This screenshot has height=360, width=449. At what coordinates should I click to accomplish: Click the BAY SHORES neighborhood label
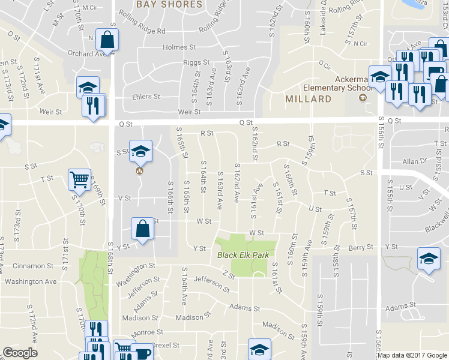tap(169, 4)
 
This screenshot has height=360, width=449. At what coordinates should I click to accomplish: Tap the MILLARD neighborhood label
tap(309, 98)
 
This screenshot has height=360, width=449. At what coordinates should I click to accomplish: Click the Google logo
tap(20, 353)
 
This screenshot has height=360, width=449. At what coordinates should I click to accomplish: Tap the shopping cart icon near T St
tap(80, 179)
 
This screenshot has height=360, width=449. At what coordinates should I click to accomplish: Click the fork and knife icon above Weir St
tap(94, 106)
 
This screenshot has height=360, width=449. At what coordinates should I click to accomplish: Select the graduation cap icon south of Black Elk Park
tap(260, 349)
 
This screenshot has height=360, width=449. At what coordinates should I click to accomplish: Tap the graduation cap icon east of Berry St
tap(429, 259)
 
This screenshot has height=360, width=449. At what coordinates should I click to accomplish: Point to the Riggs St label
tap(196, 62)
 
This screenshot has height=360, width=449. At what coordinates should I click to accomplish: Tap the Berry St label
tap(361, 247)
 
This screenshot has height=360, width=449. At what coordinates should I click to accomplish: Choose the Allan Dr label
tap(414, 161)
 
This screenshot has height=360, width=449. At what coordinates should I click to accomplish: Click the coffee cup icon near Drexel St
tap(142, 352)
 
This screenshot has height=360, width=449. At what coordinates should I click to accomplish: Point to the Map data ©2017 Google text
tap(412, 355)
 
